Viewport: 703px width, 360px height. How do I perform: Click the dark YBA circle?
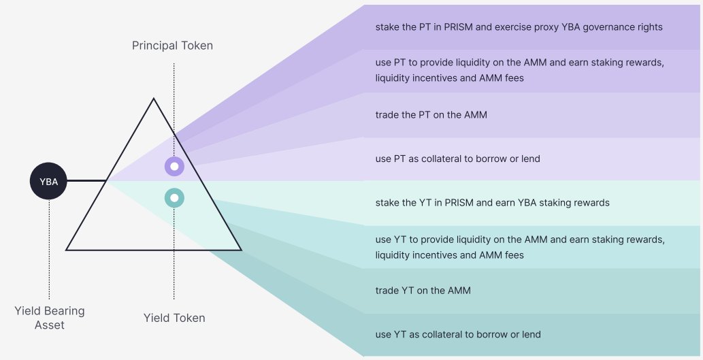pyautogui.click(x=48, y=181)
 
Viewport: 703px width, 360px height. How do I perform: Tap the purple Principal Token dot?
pyautogui.click(x=174, y=166)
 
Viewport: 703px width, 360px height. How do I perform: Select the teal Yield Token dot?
pyautogui.click(x=174, y=198)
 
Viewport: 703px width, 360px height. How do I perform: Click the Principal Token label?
pyautogui.click(x=172, y=46)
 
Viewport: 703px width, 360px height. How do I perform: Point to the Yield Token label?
pyautogui.click(x=174, y=318)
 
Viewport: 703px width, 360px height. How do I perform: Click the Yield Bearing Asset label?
pyautogui.click(x=49, y=318)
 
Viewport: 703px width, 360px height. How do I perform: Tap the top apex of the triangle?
pyautogui.click(x=154, y=98)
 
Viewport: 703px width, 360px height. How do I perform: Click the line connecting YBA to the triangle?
pyautogui.click(x=86, y=180)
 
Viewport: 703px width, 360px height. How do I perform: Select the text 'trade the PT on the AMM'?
pyautogui.click(x=431, y=115)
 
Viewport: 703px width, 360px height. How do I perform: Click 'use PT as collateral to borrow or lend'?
pyautogui.click(x=458, y=159)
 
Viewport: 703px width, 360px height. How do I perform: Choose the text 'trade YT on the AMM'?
pyautogui.click(x=423, y=291)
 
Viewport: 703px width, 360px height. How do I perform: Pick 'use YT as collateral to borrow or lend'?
pyautogui.click(x=458, y=334)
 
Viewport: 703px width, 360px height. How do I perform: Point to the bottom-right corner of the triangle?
pyautogui.click(x=241, y=250)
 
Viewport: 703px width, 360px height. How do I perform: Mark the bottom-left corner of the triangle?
pyautogui.click(x=67, y=250)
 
